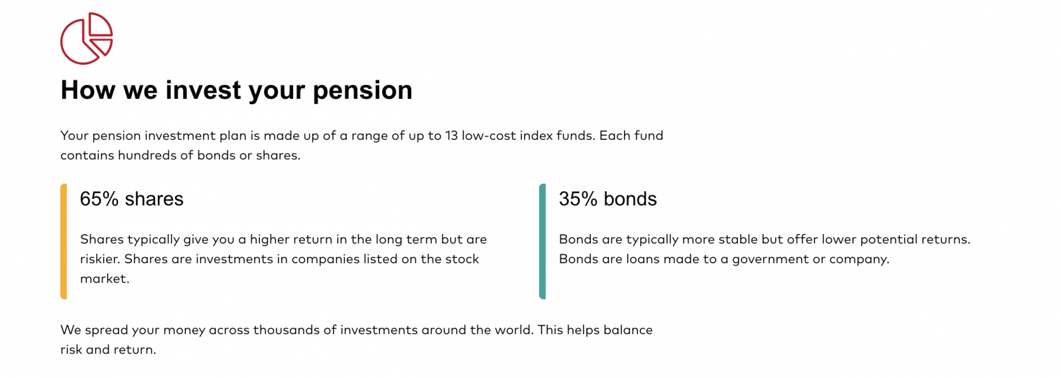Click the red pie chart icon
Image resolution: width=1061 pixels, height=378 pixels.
coord(86,38)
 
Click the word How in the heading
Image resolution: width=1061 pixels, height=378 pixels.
coord(88,90)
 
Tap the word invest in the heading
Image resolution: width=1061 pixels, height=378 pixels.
coord(203,90)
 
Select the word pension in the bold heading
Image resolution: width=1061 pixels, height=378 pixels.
coord(363,90)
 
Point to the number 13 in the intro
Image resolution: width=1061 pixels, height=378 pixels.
coord(452,136)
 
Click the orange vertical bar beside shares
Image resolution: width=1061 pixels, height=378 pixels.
coord(64,241)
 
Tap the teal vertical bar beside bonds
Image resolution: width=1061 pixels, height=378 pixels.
coord(542,241)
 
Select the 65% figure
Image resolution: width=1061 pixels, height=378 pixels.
coord(99,199)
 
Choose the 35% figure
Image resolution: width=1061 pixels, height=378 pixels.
coord(578,199)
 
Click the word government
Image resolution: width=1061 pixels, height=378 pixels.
coord(770,259)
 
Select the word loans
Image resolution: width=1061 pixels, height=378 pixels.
coord(644,259)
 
